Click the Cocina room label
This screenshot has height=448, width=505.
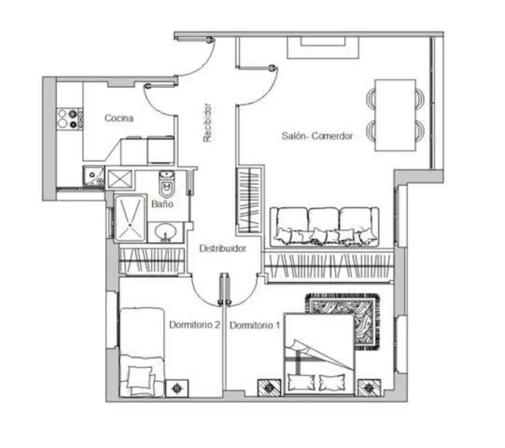tap(119, 118)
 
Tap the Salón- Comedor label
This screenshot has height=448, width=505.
tap(317, 136)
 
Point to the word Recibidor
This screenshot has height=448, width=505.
tap(207, 123)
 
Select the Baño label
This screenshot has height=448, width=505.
tap(162, 204)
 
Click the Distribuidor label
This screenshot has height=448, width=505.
tap(222, 248)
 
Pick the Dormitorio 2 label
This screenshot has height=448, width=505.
tap(195, 325)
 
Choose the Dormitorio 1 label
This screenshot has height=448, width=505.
tap(254, 325)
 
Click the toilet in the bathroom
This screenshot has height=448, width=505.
tap(166, 183)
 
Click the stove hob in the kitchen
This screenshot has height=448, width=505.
tap(70, 119)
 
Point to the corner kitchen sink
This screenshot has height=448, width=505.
tap(94, 176)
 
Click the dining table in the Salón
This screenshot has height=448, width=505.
tap(395, 115)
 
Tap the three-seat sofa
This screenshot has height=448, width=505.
tap(324, 227)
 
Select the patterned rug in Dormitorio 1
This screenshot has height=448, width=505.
tap(342, 321)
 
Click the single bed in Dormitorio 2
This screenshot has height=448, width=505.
tap(142, 352)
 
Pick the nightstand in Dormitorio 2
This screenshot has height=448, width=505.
tap(177, 388)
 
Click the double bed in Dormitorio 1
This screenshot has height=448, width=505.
tap(319, 355)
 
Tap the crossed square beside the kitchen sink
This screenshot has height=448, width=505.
tap(120, 178)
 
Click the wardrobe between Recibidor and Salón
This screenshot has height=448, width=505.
tap(249, 200)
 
